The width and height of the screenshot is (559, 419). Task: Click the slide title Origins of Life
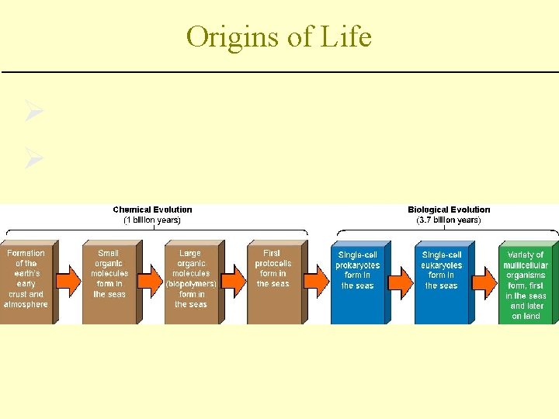(x=279, y=36)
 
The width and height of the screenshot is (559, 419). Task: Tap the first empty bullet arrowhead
(x=33, y=113)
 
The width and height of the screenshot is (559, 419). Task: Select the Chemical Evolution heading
(x=152, y=209)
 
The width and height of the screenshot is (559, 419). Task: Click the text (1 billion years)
(x=152, y=220)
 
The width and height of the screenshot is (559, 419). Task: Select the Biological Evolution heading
(x=449, y=209)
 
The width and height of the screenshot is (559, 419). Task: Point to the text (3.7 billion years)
(x=449, y=220)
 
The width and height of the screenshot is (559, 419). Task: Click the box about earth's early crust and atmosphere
(x=26, y=279)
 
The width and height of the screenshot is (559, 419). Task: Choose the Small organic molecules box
(x=109, y=279)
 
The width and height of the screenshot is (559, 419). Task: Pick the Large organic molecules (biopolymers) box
(x=191, y=279)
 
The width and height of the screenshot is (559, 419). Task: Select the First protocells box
(x=273, y=279)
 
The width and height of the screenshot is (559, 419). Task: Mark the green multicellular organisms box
(x=526, y=284)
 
